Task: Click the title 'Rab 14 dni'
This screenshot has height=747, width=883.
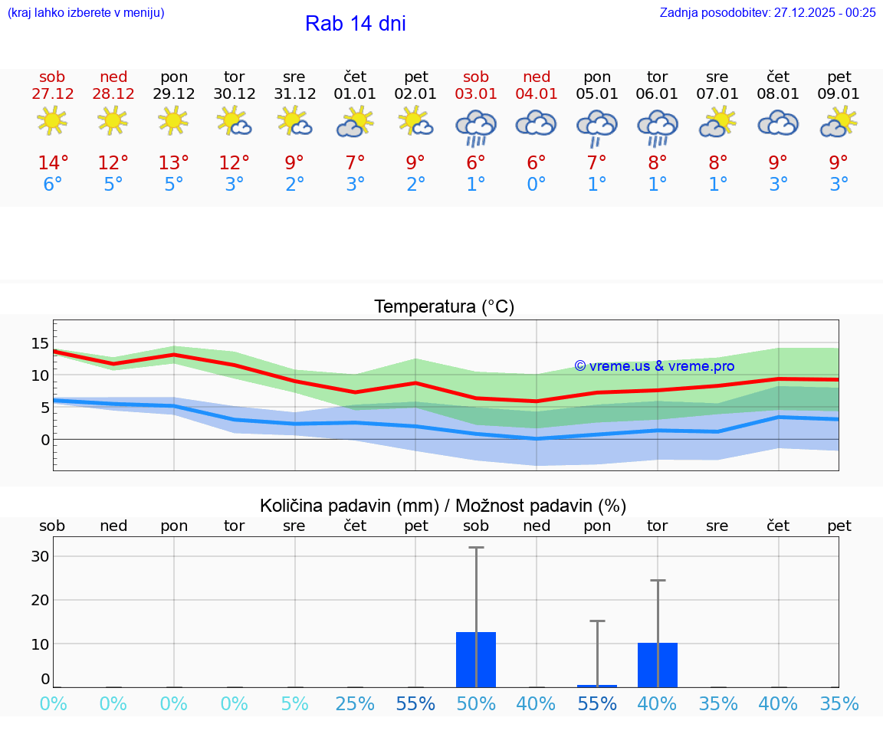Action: tap(355, 24)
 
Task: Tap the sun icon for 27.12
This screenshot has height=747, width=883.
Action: tap(52, 120)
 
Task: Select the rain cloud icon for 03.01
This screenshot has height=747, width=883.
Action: tap(476, 126)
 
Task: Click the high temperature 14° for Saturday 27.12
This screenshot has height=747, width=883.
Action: tap(53, 163)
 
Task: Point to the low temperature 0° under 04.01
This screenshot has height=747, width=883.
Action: tap(537, 185)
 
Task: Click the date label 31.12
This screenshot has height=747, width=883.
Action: tap(294, 94)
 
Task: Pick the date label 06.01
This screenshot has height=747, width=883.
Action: tap(657, 94)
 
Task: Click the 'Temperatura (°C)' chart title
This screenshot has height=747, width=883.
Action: tap(444, 307)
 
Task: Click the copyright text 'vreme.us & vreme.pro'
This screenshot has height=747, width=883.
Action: tap(654, 366)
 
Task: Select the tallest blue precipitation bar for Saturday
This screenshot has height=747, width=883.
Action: tap(476, 659)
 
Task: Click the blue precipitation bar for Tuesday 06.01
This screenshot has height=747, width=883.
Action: tap(657, 664)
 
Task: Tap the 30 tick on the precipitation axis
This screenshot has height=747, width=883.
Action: tap(40, 556)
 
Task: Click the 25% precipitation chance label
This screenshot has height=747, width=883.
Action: tap(355, 703)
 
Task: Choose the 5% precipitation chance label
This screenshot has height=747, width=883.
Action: tap(294, 703)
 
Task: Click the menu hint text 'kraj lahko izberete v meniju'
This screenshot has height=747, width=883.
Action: tap(86, 12)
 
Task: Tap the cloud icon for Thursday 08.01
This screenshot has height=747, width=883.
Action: tap(778, 123)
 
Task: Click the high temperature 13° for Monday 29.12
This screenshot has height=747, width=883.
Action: tap(174, 163)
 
